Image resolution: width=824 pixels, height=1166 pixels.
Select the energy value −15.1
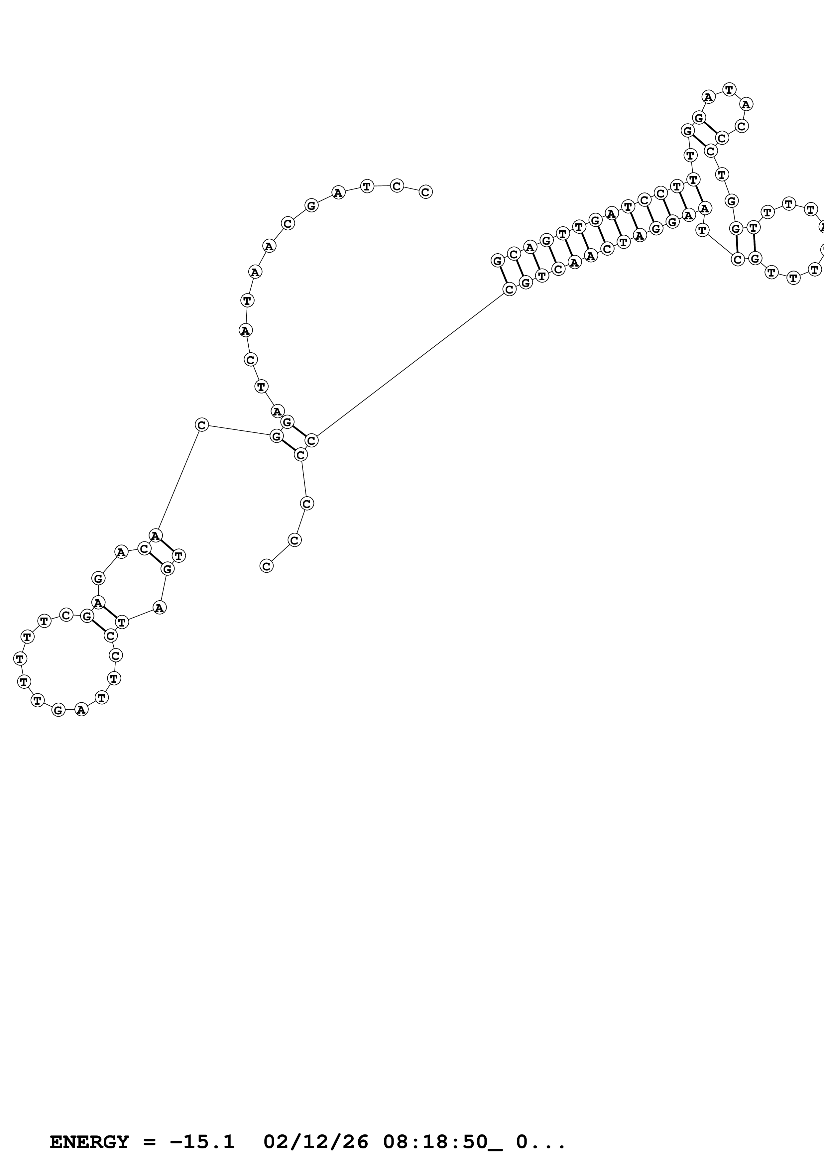(202, 1142)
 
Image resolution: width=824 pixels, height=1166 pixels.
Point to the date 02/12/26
(316, 1142)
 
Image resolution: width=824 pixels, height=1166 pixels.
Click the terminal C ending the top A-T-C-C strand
(425, 192)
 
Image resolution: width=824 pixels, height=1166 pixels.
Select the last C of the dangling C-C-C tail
(266, 566)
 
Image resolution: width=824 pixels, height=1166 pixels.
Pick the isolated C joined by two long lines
(201, 425)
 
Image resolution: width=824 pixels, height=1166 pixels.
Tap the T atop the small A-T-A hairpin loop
(729, 90)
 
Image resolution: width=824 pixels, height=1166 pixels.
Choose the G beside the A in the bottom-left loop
(59, 710)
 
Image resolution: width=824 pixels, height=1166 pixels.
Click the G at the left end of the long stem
(498, 261)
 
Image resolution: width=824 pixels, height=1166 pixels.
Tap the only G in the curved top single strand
(311, 206)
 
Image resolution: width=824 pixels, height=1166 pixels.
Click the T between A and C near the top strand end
(367, 186)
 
